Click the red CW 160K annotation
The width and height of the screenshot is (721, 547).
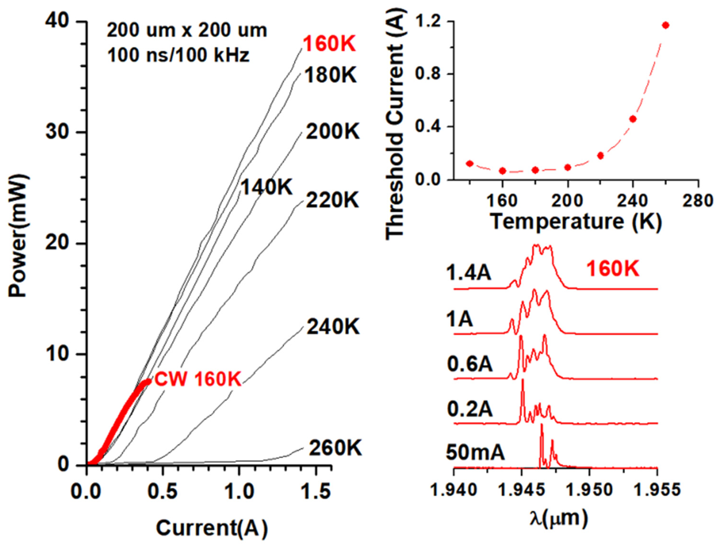pyautogui.click(x=198, y=379)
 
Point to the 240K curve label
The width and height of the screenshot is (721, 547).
pyautogui.click(x=333, y=326)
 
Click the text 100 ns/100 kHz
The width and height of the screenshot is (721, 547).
pyautogui.click(x=178, y=55)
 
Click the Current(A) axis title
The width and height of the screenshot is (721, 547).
pyautogui.click(x=212, y=528)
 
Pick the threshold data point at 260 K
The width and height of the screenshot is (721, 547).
pyautogui.click(x=665, y=25)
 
